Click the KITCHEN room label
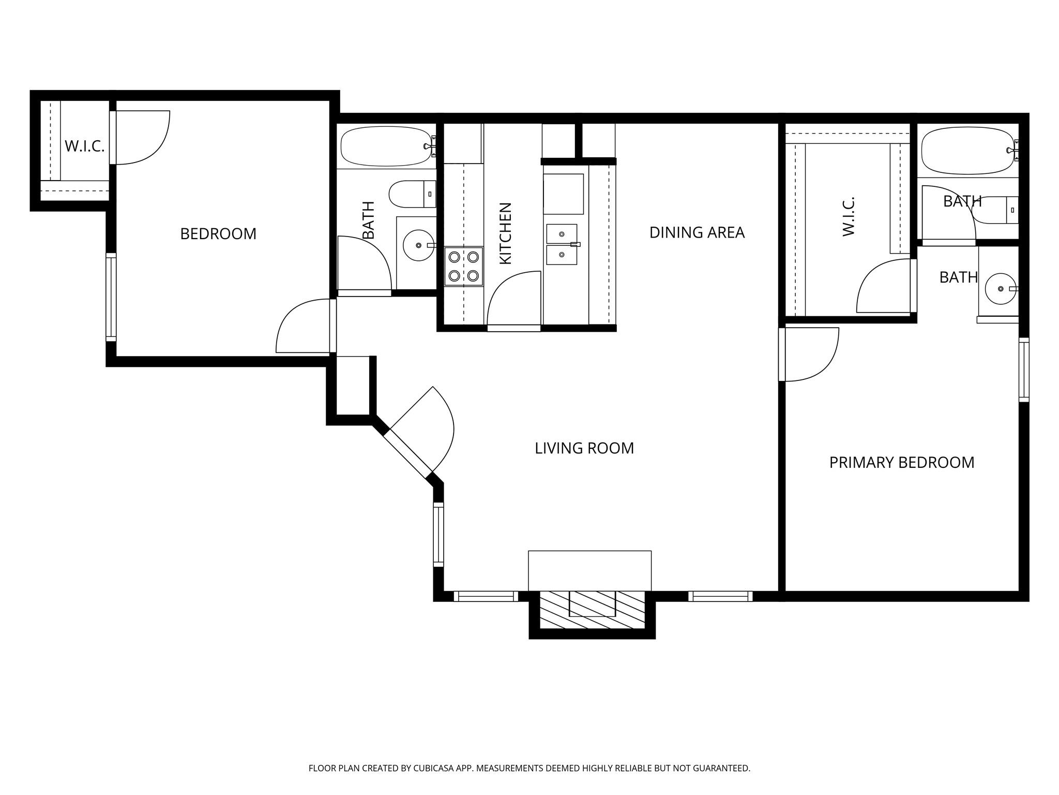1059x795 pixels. (505, 233)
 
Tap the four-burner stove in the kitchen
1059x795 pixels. (464, 266)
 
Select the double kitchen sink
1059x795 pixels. (562, 244)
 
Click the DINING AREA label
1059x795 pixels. (697, 233)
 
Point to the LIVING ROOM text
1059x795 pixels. (584, 448)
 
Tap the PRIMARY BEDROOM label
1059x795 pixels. (901, 462)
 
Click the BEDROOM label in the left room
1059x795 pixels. (218, 234)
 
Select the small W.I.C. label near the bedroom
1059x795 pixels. (84, 146)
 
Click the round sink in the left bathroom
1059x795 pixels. (418, 245)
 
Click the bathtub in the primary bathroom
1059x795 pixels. (967, 151)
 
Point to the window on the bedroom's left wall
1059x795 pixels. (111, 297)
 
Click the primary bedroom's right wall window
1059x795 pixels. (1023, 369)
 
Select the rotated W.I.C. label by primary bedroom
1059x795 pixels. (848, 216)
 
